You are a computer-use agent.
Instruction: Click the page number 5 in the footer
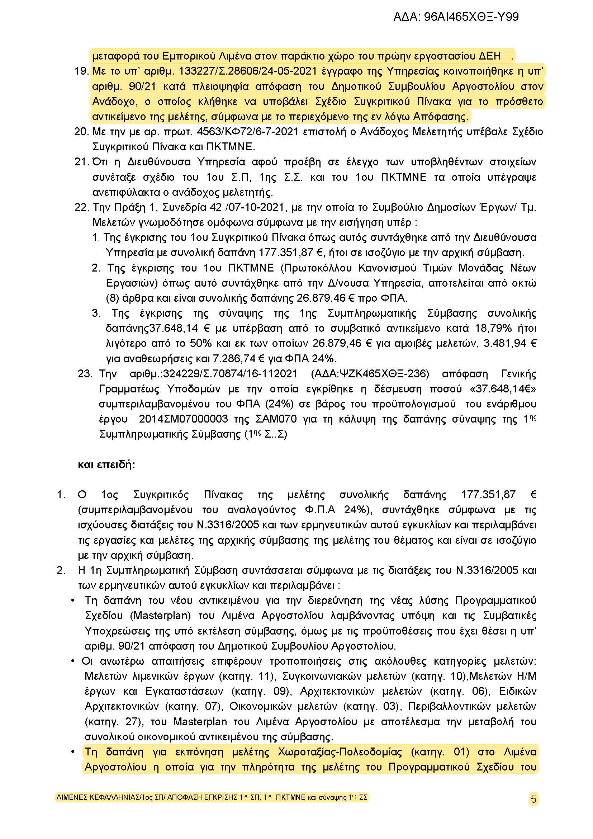click(533, 799)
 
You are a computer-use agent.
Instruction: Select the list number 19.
click(81, 71)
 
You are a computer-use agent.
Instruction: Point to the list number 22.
click(81, 208)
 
